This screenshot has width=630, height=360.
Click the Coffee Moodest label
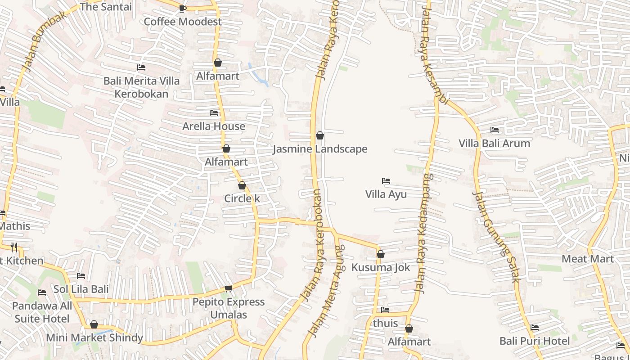pos(182,22)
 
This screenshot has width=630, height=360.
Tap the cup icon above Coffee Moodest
pos(182,8)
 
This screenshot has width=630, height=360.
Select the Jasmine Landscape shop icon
pos(320,135)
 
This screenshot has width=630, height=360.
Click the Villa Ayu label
pos(386,194)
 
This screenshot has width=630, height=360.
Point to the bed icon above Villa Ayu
pos(386,181)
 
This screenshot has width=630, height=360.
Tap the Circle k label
pos(242,198)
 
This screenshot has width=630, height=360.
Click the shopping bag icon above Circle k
pos(242,185)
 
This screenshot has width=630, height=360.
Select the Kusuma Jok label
pos(381,267)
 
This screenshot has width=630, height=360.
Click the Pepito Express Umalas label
pos(229,308)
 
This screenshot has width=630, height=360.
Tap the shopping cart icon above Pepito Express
pos(229,288)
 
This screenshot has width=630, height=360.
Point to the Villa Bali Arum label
pos(494,144)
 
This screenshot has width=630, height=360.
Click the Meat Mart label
pos(588,259)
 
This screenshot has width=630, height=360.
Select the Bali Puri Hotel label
pos(535,341)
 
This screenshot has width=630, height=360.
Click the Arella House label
pos(214,126)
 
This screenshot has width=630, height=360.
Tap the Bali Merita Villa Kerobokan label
pos(141,87)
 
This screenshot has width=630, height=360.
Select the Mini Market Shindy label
pos(94,337)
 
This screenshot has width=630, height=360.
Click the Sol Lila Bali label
pos(81,289)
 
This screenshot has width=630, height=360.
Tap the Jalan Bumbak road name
pos(44,40)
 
